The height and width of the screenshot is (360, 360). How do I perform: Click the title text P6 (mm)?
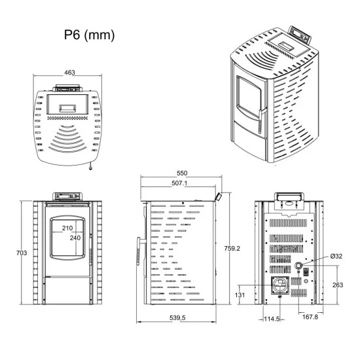coord(89,35)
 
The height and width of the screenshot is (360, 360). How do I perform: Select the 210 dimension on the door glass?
coord(67,228)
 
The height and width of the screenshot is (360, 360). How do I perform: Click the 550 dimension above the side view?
coord(182,172)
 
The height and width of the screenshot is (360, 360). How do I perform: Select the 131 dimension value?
coord(240,295)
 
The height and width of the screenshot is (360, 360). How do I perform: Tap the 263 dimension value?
coord(336,285)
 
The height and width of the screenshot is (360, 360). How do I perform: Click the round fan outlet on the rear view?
coord(280,285)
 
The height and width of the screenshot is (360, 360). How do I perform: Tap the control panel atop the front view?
coord(67,196)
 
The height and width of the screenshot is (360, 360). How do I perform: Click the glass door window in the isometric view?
coord(248,100)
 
